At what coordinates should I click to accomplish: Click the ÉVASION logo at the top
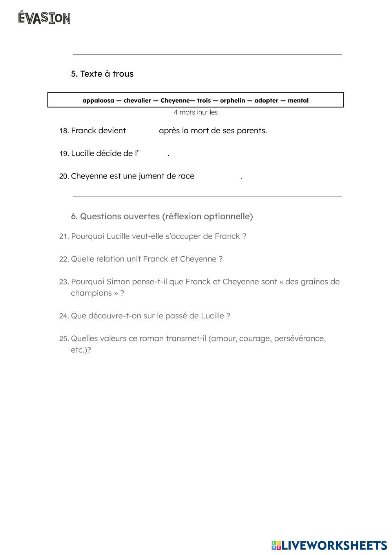tap(44, 18)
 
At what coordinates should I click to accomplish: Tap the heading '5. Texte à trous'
tap(102, 74)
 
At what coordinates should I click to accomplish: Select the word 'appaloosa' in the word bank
tap(98, 101)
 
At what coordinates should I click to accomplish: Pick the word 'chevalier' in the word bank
tap(137, 101)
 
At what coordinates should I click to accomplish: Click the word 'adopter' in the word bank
tap(266, 101)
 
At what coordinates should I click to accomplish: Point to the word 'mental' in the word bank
tap(298, 101)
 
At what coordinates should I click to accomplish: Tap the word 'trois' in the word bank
tap(204, 101)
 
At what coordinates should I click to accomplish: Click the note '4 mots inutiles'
tap(195, 112)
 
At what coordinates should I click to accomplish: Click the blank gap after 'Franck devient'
tap(142, 131)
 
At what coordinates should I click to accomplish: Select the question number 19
tap(64, 154)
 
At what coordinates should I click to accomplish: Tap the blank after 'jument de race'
tap(217, 176)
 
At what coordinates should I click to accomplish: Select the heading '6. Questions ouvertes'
tap(162, 217)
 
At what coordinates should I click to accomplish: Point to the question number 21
tap(64, 237)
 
